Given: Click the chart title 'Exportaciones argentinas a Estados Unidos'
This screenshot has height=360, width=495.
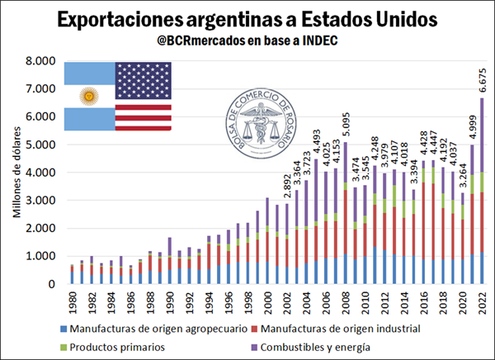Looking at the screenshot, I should coord(247,18).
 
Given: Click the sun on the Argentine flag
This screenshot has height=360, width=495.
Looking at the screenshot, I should coord(87,96).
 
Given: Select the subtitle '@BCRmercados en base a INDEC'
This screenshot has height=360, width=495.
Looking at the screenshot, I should coord(247,41).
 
